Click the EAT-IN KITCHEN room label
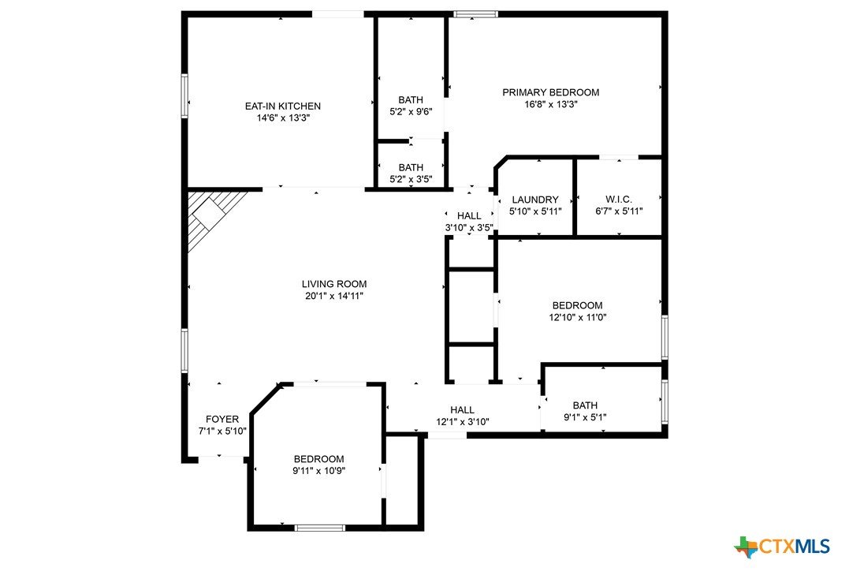pos(283,106)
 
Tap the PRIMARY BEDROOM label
pos(551,92)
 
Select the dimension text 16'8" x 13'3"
pos(551,105)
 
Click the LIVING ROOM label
pos(334,284)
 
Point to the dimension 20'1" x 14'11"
pos(334,296)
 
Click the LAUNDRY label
pos(535,200)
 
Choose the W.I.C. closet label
pos(619,200)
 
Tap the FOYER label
pos(222,420)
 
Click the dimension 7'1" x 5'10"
pos(222,431)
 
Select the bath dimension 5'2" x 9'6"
pos(411,112)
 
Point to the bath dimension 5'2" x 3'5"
pos(411,179)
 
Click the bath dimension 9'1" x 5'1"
pos(585,417)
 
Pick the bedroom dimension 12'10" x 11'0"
pos(577,318)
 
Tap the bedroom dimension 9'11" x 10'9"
pos(319,471)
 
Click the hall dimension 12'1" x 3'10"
pos(463,422)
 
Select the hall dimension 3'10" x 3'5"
pos(469,228)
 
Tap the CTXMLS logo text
pos(795,547)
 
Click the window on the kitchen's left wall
pos(184,96)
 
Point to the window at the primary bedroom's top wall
pos(475,14)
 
